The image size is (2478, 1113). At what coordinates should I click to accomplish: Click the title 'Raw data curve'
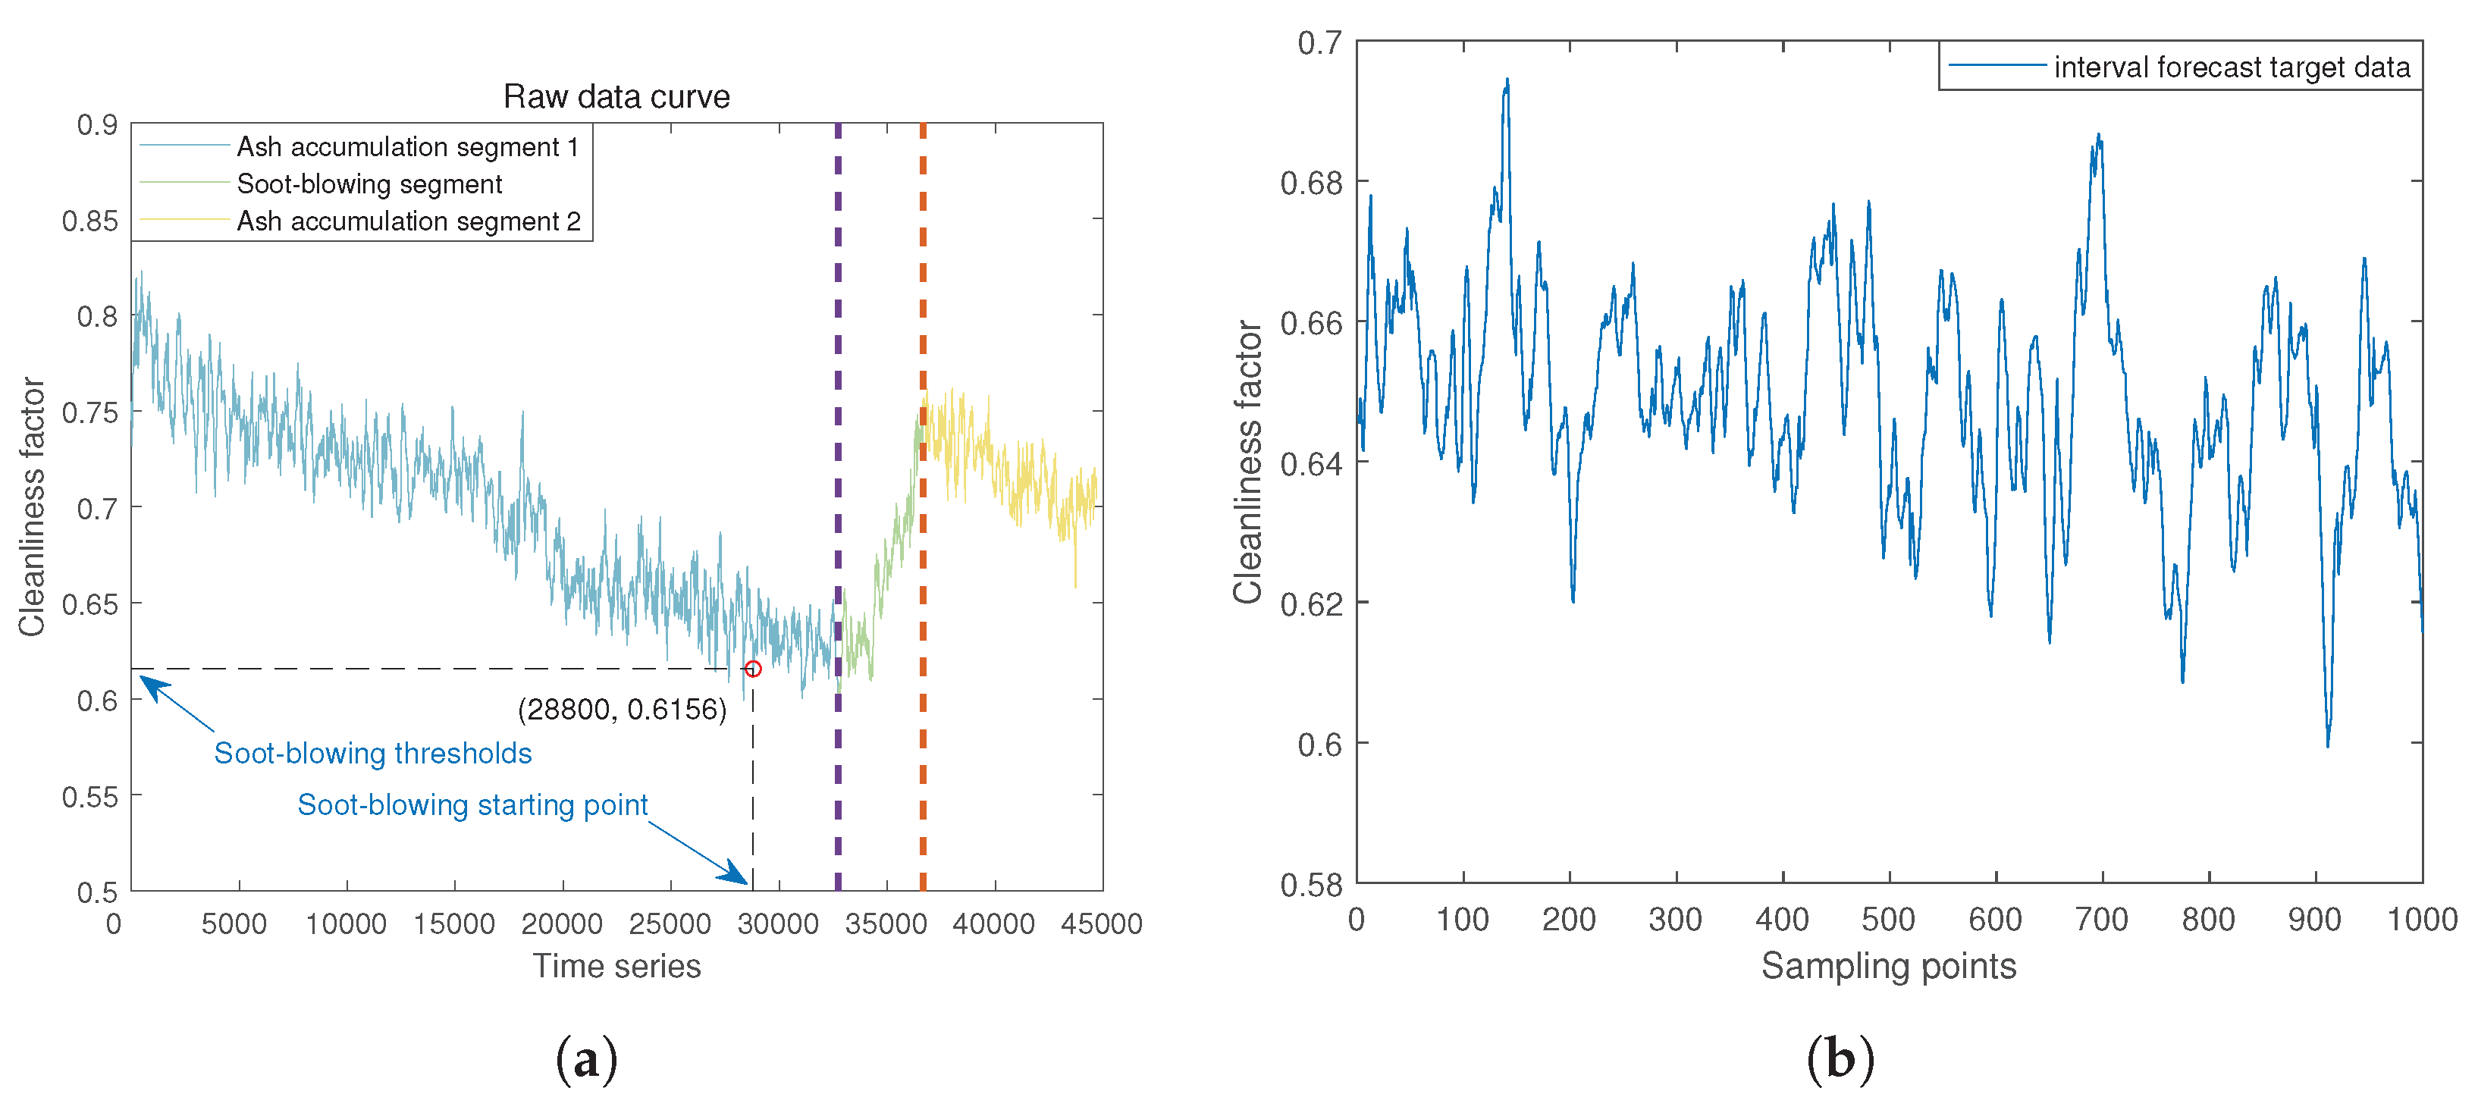tap(616, 96)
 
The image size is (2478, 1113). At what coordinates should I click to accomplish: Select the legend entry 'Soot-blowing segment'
tap(369, 183)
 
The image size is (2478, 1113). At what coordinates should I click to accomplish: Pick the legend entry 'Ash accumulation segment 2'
tap(408, 221)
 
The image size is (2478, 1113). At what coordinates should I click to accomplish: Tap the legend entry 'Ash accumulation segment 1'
tap(407, 146)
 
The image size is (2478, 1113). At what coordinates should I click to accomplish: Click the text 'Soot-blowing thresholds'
tap(372, 752)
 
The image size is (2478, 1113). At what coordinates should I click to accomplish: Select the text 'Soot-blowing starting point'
tap(472, 804)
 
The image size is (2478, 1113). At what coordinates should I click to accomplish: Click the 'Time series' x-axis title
tap(616, 966)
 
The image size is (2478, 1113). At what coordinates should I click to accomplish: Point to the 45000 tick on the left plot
tap(1102, 924)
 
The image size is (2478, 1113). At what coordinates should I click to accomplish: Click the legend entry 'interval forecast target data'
tap(2231, 67)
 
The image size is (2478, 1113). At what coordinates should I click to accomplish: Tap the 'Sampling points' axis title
tap(1888, 966)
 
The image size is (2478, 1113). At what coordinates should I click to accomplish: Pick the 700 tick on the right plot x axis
tap(2102, 920)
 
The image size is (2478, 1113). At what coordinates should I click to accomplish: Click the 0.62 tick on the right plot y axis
tap(1310, 604)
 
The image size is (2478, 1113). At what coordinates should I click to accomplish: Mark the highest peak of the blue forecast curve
tap(1507, 80)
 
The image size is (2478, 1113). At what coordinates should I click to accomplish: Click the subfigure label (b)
tap(1840, 1059)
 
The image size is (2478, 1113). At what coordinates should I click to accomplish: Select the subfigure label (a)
tap(586, 1059)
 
